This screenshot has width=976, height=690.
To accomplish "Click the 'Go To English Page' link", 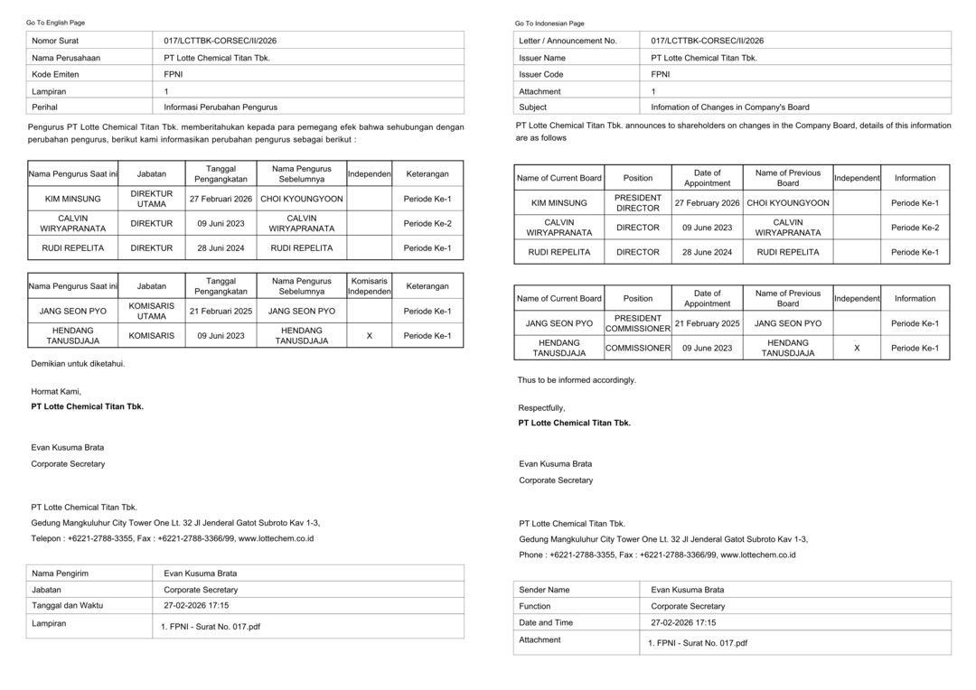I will point(55,23).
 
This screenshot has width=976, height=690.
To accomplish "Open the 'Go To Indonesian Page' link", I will point(549,23).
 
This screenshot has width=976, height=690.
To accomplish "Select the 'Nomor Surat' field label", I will point(56,41).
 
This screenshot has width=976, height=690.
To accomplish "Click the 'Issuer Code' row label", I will point(540,74).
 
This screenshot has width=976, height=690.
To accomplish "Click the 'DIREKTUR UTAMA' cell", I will point(152,199).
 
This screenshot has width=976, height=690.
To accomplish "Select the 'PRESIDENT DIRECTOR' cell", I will point(638,203).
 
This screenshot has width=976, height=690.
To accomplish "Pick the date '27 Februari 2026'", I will point(221,199).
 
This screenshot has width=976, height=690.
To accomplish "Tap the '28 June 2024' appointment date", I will point(707,252).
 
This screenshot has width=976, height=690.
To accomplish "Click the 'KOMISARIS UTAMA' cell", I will point(152,311).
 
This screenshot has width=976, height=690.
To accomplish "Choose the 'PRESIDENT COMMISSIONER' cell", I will point(638,323).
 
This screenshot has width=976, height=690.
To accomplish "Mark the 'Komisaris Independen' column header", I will point(369,286).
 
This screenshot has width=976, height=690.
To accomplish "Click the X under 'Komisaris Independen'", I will point(369,336).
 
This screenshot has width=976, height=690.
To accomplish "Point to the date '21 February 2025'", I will point(707,323).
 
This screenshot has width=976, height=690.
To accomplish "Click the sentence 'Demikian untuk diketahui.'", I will point(78,363).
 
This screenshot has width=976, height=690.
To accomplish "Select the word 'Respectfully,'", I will point(541,408).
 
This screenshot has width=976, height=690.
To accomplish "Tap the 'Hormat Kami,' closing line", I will point(56,392).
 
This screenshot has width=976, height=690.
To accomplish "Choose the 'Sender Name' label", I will point(544,590).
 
